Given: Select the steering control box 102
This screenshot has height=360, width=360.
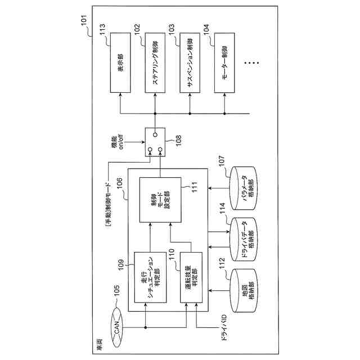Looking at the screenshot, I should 156,63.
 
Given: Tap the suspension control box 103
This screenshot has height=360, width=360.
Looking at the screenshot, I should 190,63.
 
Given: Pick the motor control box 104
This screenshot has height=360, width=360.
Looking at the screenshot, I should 224,63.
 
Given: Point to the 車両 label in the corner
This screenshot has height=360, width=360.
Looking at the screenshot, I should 97,341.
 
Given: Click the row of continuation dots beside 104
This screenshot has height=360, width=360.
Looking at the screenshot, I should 250,62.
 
